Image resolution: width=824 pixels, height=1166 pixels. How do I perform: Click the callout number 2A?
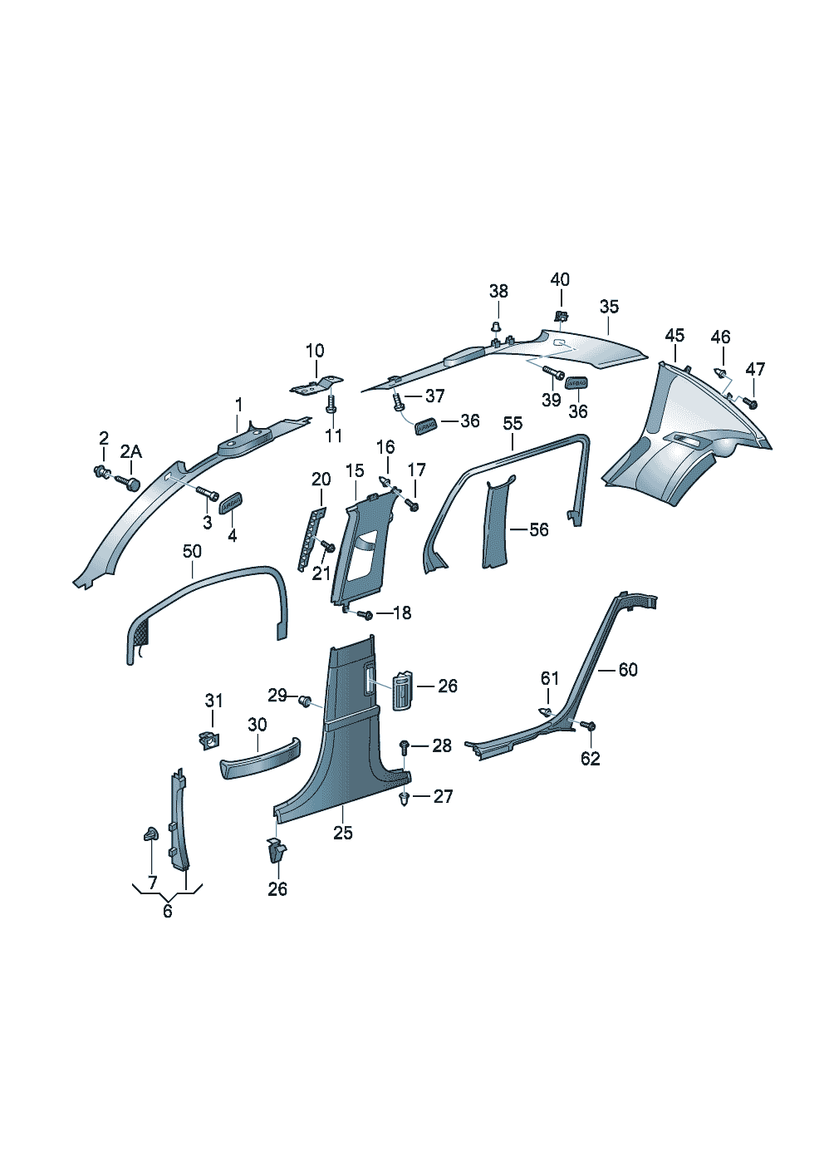click(130, 451)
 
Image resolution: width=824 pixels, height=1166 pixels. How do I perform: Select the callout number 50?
click(192, 551)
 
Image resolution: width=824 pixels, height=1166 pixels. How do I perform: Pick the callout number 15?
click(355, 471)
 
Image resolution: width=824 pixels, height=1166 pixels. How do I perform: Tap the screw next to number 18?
click(365, 614)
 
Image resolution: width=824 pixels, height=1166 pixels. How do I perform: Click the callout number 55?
click(513, 424)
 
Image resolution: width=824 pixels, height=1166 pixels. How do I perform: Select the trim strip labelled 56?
click(497, 524)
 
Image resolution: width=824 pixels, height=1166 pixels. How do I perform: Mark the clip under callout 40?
click(562, 317)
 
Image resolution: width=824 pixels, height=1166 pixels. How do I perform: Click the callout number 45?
click(674, 335)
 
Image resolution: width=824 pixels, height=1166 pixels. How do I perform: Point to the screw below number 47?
click(752, 403)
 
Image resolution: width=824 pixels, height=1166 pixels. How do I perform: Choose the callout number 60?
click(628, 670)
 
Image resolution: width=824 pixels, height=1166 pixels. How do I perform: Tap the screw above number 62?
click(590, 726)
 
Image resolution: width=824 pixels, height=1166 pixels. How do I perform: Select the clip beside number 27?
click(405, 799)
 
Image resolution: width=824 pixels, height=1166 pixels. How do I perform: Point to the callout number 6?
click(168, 912)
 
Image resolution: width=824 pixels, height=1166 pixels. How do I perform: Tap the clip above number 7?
click(150, 834)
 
